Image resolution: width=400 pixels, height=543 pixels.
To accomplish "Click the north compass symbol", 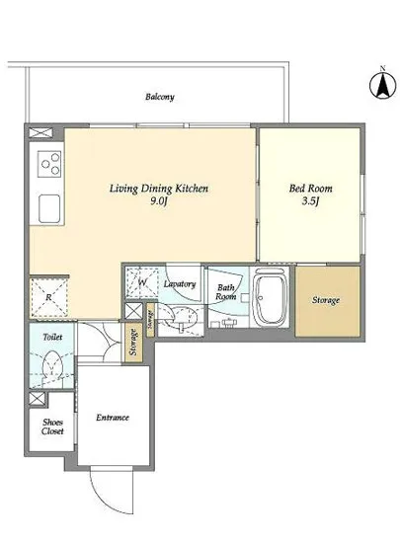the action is pos(382,85).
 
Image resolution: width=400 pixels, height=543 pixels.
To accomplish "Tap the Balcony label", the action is pos(160,97).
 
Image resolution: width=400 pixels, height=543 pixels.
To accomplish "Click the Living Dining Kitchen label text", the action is pos(159,189).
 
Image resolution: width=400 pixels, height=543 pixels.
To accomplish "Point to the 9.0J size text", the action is pos(159,201).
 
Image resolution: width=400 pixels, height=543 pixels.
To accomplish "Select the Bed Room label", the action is pos(311,189).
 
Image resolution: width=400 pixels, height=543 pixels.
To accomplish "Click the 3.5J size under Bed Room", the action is pos(310,201).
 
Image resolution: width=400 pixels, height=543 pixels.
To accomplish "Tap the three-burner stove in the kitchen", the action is pos(49,165).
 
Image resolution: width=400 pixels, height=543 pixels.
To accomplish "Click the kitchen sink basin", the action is pos(49,209).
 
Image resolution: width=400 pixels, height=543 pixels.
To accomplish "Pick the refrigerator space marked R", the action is pos(48,297).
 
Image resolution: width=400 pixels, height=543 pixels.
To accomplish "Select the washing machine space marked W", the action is pos(141,282).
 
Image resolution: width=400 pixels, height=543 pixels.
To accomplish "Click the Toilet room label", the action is pos(52,337).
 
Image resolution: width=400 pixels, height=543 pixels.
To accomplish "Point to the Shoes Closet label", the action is pos(52,427).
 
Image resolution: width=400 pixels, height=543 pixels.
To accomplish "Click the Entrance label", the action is pos(113,418).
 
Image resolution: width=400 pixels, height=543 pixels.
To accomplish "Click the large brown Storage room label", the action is pos(326,300).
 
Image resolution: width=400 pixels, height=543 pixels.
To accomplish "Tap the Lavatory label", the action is pos(180,284).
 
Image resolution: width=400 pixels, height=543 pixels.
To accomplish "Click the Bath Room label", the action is pos(226,292).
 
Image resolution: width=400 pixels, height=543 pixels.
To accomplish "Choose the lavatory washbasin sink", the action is pos(181,317).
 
